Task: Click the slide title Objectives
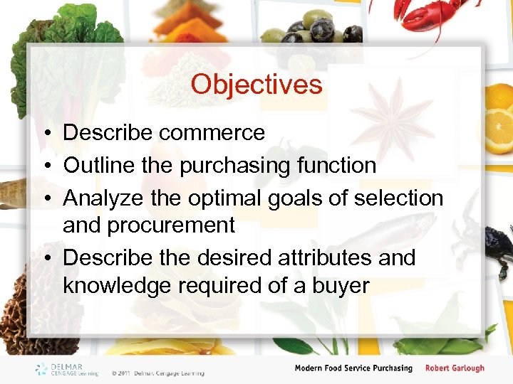[256, 85]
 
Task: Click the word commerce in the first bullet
[212, 133]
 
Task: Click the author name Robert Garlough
[454, 368]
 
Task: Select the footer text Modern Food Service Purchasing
[353, 368]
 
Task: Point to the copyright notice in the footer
[157, 373]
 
